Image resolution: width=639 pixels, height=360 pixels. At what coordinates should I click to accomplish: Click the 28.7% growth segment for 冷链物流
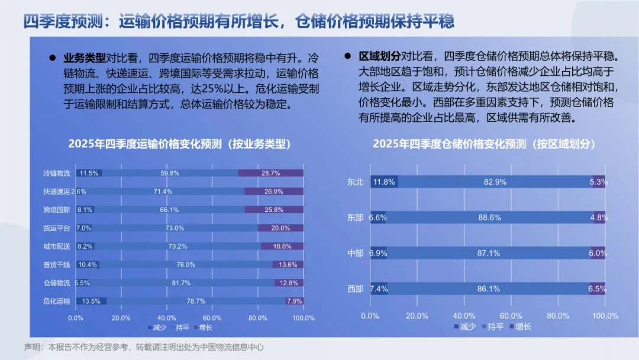(271, 173)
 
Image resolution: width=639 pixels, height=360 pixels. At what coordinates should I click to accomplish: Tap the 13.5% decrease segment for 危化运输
(92, 301)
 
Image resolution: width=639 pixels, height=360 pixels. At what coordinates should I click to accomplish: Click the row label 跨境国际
(57, 210)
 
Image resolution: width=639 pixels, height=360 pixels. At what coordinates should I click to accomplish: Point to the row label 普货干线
(57, 264)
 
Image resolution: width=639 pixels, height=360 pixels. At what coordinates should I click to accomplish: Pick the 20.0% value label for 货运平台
(280, 228)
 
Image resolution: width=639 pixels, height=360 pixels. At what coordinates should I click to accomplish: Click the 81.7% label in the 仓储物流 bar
(181, 283)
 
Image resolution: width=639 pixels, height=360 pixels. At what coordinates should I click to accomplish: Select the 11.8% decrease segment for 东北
(384, 182)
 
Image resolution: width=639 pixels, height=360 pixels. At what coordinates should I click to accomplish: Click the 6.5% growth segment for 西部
(598, 289)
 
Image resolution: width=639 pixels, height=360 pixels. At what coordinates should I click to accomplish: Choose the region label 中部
(356, 253)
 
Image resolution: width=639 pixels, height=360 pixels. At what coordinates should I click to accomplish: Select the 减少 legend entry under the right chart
(464, 327)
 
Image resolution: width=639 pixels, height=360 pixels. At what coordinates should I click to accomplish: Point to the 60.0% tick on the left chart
(212, 318)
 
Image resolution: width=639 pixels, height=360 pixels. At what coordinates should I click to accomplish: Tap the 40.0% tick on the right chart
(464, 316)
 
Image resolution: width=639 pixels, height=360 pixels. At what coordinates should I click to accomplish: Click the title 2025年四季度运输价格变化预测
(179, 144)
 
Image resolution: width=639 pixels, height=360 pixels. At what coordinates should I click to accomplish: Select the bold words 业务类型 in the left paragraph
(85, 58)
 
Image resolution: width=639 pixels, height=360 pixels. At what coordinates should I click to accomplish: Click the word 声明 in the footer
(31, 347)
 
